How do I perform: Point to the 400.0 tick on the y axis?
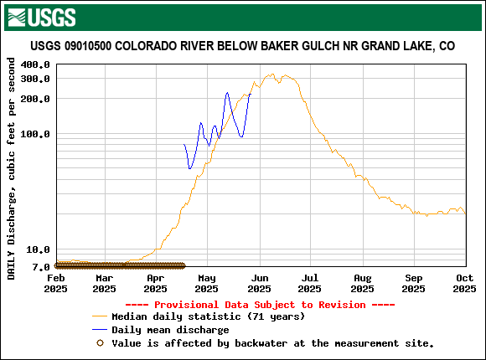click(x=35, y=65)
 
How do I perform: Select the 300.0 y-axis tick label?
click(x=35, y=79)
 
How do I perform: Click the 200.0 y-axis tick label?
click(x=35, y=99)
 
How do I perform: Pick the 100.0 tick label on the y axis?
click(x=35, y=134)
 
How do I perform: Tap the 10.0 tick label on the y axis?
click(x=38, y=250)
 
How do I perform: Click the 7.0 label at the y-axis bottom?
click(x=40, y=267)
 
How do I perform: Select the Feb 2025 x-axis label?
click(x=56, y=283)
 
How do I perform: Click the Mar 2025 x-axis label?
click(x=104, y=283)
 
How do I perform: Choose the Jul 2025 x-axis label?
click(x=310, y=283)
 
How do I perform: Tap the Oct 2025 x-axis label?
click(x=465, y=283)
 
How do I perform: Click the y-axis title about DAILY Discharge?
click(x=12, y=167)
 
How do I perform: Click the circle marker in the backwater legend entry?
click(x=100, y=342)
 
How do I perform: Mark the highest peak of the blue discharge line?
click(x=227, y=93)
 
